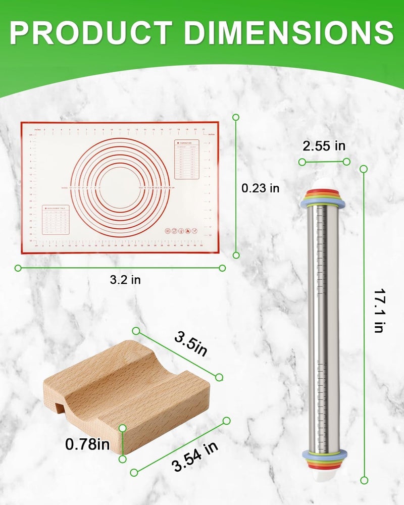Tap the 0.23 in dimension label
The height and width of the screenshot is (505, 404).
(260, 188)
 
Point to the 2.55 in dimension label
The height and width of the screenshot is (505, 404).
(324, 146)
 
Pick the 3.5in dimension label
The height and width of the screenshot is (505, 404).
(191, 344)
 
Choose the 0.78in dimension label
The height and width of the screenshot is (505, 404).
(87, 444)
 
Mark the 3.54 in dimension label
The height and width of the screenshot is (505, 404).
(194, 457)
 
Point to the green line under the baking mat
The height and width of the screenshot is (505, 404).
(120, 268)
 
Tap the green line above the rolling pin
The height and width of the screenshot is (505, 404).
(324, 162)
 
